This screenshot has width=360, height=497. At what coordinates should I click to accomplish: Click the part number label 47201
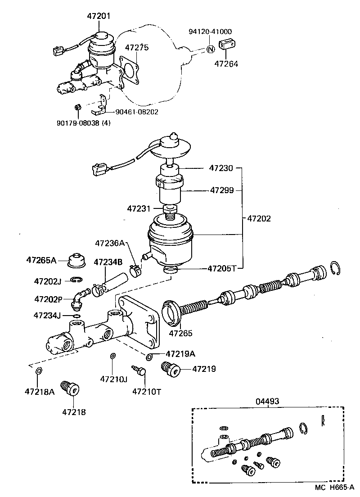click(99, 16)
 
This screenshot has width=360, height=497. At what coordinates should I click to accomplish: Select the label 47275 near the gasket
click(137, 48)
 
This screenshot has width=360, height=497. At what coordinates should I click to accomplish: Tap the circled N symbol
click(210, 50)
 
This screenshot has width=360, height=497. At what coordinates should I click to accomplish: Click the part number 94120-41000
click(210, 32)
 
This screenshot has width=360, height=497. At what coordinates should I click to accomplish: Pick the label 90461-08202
click(134, 112)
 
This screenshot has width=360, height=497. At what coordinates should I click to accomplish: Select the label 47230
click(221, 168)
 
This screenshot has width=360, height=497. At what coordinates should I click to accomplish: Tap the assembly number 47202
click(259, 219)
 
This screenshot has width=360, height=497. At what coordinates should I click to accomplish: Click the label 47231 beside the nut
click(139, 208)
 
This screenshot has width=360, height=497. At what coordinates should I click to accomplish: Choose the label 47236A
click(109, 243)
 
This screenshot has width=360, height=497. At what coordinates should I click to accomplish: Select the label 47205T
click(222, 269)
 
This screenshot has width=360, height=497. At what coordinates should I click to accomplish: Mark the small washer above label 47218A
click(39, 371)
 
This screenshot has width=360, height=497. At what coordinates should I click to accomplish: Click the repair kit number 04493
click(268, 401)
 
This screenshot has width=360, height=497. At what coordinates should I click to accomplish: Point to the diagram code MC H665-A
click(335, 488)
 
